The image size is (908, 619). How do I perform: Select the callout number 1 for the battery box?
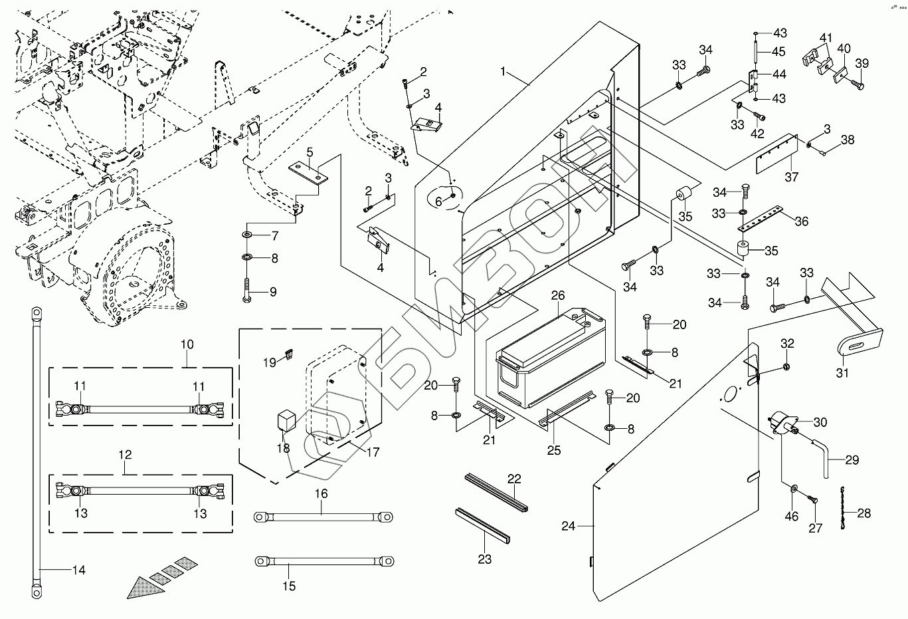[503, 71]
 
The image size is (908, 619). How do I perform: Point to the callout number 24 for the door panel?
[568, 526]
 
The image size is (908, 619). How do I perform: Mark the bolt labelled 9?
[247, 289]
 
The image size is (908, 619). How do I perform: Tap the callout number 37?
[791, 177]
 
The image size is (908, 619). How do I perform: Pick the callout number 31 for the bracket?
[842, 373]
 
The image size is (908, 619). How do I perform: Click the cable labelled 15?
[323, 562]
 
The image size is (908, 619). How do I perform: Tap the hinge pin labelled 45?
[757, 52]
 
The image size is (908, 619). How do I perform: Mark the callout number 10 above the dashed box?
[187, 344]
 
